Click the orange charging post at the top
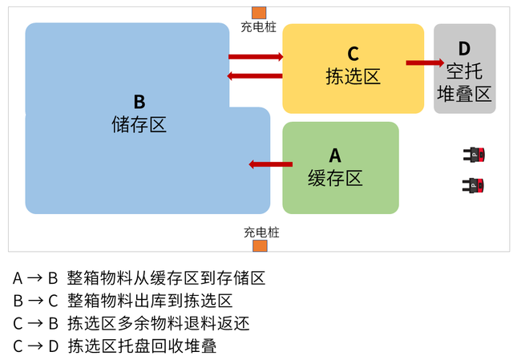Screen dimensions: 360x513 pos(258,12)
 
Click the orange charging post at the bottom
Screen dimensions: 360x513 pos(260,245)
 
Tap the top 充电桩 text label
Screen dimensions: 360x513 pos(258,27)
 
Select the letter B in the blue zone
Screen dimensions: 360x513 pos(139,102)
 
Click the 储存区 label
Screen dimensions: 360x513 pos(139,124)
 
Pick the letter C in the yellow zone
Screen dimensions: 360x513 pos(353,55)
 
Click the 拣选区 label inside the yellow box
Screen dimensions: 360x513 pos(353,76)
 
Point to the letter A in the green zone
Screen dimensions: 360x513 pos(335,155)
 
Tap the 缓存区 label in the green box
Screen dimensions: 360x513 pos(335,177)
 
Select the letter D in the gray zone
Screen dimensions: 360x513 pos(464,48)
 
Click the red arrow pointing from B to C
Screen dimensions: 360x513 pos(256,57)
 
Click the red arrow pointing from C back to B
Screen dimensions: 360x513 pos(256,76)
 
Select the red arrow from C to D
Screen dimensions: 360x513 pos(425,63)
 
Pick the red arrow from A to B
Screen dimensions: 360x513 pos(271,164)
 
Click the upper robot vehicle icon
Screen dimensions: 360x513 pos(475,153)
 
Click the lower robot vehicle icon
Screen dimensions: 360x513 pos(475,186)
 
